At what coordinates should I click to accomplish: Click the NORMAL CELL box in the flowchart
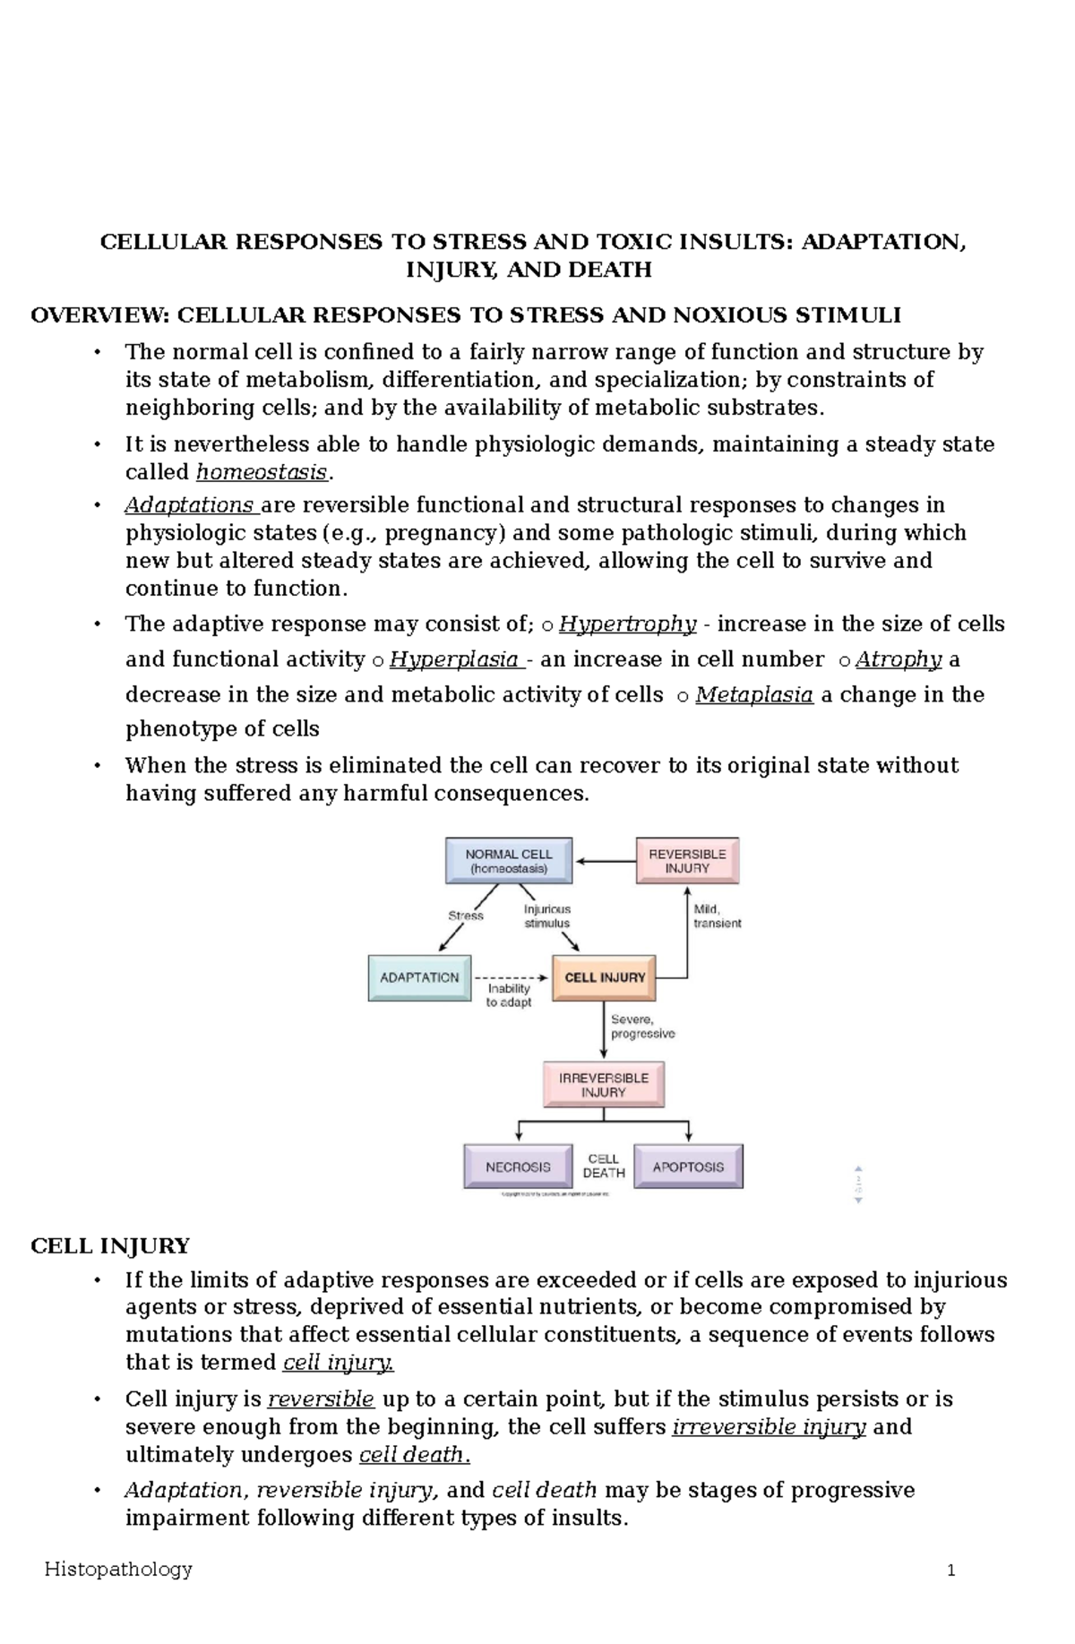[508, 861]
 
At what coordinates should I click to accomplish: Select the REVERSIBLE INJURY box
[687, 861]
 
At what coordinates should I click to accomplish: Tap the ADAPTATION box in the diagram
[419, 977]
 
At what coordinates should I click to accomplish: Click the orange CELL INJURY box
[605, 977]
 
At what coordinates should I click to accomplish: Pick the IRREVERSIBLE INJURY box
[604, 1085]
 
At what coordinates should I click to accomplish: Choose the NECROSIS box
[518, 1166]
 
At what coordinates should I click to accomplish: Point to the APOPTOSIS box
[688, 1166]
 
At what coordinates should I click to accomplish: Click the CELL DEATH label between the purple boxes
[603, 1166]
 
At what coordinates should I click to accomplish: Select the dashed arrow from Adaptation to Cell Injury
[511, 977]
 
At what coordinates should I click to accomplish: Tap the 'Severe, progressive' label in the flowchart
[642, 1026]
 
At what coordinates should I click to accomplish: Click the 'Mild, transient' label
[717, 916]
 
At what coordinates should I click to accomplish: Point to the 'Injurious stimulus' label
[546, 916]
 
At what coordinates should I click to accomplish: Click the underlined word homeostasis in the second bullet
[262, 472]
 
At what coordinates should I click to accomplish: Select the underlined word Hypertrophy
[627, 624]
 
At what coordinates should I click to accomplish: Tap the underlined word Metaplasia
[753, 694]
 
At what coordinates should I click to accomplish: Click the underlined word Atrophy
[898, 659]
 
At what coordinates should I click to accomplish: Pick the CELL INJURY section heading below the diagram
[109, 1246]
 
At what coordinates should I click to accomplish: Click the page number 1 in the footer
[951, 1571]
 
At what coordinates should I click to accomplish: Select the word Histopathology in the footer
[118, 1569]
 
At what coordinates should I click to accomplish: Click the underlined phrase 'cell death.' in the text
[413, 1454]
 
